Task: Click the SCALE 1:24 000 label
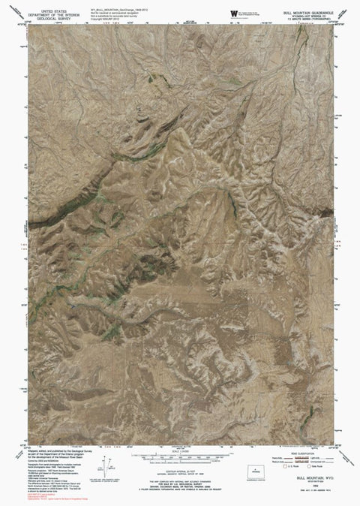tap(180, 440)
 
